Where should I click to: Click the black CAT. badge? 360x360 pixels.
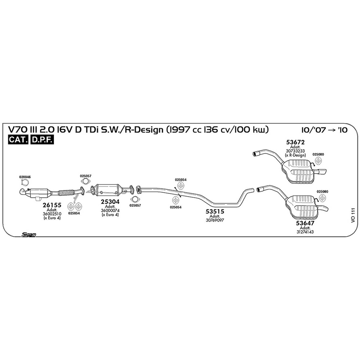[x=18, y=140]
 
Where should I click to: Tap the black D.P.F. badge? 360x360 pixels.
[x=42, y=140]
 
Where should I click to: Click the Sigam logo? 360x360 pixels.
[x=29, y=235]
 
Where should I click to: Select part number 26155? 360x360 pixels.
[x=52, y=205]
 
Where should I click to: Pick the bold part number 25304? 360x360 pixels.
[x=110, y=202]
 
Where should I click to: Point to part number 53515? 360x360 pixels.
[x=215, y=211]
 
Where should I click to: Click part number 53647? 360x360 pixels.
[x=305, y=223]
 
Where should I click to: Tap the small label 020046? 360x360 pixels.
[x=25, y=177]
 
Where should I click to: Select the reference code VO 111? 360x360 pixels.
[x=353, y=215]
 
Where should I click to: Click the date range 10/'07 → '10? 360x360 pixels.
[x=325, y=130]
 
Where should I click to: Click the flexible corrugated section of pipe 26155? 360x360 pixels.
[x=66, y=192]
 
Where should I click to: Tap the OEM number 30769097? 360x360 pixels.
[x=215, y=220]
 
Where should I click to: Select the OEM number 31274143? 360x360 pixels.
[x=305, y=232]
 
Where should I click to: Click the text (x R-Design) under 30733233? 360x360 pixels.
[x=295, y=155]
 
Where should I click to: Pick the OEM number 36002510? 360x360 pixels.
[x=52, y=214]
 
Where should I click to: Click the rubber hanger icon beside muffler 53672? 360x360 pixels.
[x=318, y=161]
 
